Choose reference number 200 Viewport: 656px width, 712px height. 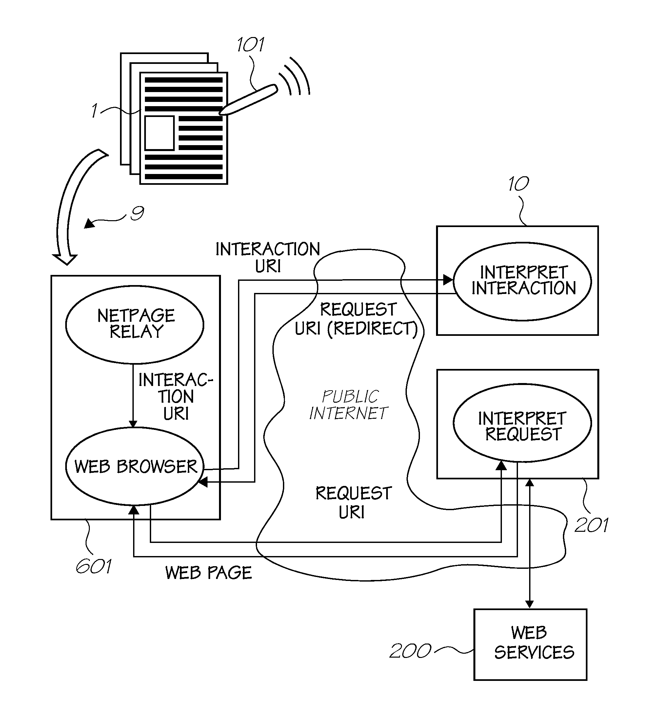(410, 651)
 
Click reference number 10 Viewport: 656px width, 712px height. (519, 184)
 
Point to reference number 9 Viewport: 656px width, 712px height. (137, 213)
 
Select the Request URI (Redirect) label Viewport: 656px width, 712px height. (356, 319)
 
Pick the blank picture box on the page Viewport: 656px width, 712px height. (159, 133)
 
